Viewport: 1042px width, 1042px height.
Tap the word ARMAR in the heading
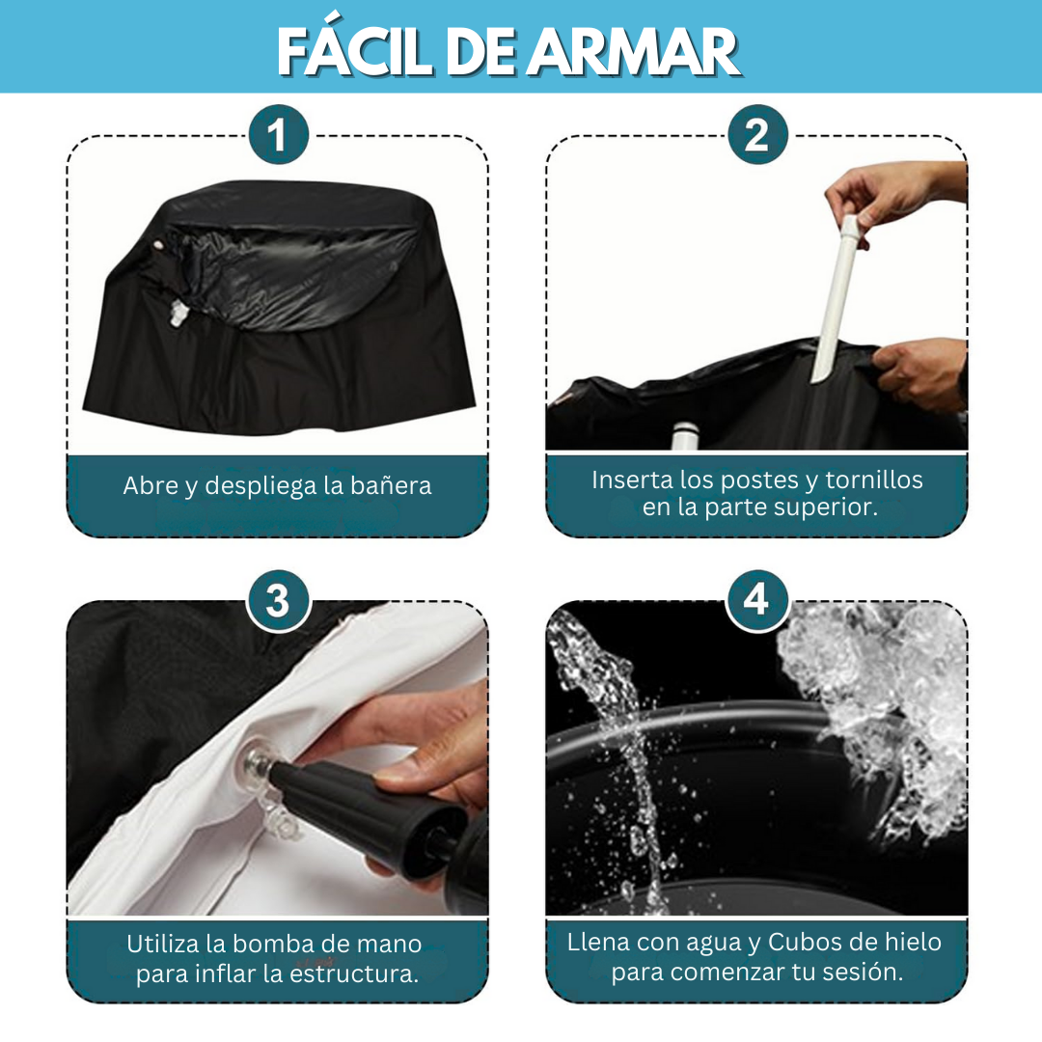pyautogui.click(x=633, y=52)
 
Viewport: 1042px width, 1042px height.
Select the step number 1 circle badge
pyautogui.click(x=279, y=135)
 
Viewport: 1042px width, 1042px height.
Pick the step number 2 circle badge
pyautogui.click(x=757, y=135)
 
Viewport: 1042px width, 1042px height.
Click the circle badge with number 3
pyautogui.click(x=279, y=600)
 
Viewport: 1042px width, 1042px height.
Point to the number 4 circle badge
pyautogui.click(x=757, y=600)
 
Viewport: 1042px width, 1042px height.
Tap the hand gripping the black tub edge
pyautogui.click(x=921, y=373)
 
